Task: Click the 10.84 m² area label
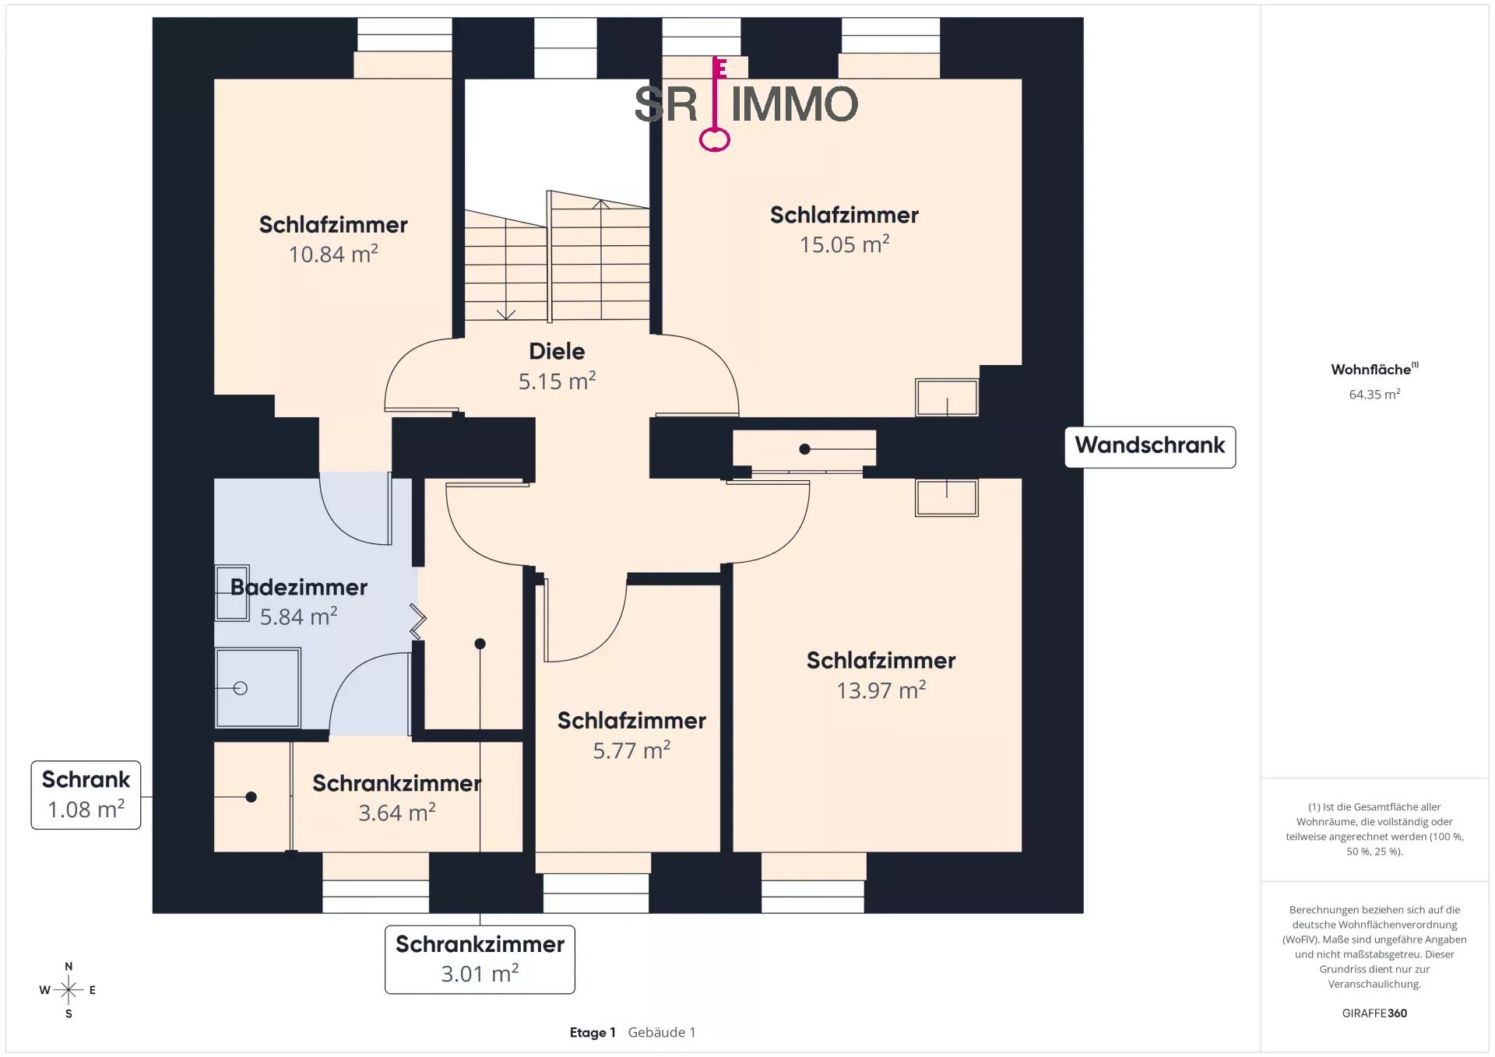[333, 254]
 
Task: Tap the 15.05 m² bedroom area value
[844, 244]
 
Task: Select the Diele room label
[557, 351]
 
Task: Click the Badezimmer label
[299, 587]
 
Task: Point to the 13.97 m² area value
[881, 690]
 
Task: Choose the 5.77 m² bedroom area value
[631, 750]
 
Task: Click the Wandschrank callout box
[1150, 447]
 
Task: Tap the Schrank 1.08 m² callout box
[86, 795]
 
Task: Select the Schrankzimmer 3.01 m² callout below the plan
[480, 959]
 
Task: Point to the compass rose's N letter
[69, 966]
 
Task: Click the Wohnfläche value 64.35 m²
[1374, 395]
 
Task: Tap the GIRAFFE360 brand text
[1374, 1013]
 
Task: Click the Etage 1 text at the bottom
[593, 1032]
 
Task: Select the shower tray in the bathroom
[258, 688]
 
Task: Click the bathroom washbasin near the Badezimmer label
[232, 593]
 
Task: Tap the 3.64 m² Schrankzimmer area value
[396, 813]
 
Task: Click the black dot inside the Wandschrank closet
[804, 449]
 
